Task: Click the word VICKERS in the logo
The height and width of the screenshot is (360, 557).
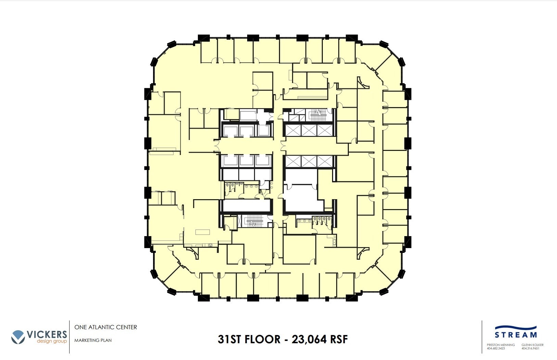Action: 47,334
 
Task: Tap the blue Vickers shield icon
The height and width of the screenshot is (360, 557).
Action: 18,337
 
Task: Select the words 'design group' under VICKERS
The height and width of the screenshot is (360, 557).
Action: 52,341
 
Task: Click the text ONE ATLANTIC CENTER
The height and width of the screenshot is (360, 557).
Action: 105,327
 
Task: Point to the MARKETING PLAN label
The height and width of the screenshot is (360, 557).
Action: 93,340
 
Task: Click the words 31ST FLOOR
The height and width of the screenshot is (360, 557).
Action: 249,339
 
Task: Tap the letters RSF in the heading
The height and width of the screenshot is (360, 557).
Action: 339,339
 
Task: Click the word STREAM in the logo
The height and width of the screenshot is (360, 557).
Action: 516,335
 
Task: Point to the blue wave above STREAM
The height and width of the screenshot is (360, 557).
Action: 516,328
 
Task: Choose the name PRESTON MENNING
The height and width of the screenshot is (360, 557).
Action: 501,345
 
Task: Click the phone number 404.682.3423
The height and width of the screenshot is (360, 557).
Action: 496,348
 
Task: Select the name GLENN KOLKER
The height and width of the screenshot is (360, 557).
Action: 532,345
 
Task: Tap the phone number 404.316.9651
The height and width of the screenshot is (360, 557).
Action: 530,348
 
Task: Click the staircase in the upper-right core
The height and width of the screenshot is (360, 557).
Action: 318,115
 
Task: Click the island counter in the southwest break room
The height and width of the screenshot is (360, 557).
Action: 202,232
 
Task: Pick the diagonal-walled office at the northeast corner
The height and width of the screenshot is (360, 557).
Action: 390,70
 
